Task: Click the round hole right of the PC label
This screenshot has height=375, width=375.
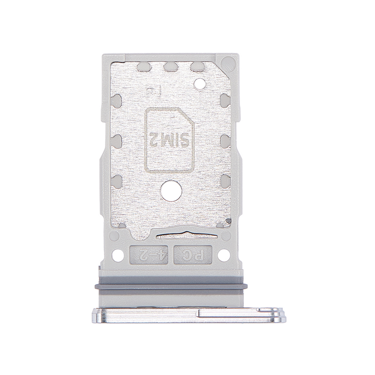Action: point(223,255)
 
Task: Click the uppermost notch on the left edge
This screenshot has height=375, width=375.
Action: point(116,99)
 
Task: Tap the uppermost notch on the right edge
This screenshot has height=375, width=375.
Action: point(224,99)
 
